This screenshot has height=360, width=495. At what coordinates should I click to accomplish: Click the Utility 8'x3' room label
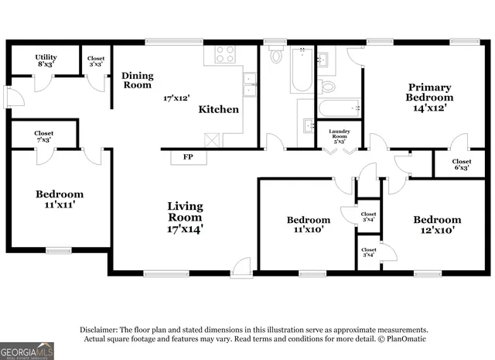click(x=45, y=60)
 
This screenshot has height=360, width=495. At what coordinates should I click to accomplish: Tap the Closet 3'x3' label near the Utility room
click(x=96, y=61)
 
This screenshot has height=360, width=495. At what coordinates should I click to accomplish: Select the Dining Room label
click(x=137, y=80)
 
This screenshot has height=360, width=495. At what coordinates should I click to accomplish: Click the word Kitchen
click(x=219, y=109)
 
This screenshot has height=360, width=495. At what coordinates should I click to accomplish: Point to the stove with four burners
click(x=224, y=54)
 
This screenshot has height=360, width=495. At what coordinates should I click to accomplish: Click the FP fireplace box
click(x=187, y=157)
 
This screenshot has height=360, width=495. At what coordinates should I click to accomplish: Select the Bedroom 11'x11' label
click(x=60, y=200)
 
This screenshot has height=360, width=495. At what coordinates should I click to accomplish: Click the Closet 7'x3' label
click(x=44, y=136)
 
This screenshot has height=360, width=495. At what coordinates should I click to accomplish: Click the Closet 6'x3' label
click(x=462, y=165)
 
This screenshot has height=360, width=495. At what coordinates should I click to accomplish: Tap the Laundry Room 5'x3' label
click(x=340, y=136)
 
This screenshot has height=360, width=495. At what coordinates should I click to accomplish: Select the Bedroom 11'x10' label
click(x=308, y=225)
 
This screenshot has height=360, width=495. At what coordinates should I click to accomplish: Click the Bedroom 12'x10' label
click(x=436, y=225)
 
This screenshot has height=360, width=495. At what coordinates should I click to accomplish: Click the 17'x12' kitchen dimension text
click(x=176, y=98)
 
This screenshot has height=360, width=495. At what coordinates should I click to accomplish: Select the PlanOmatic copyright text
click(x=401, y=339)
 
